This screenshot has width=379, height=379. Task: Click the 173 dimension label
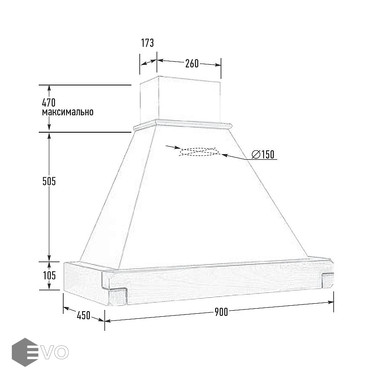coord(147,43)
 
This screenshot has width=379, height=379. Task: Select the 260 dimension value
coord(192,63)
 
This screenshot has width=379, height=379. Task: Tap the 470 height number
coord(48,102)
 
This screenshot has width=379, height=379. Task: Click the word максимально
coord(68,112)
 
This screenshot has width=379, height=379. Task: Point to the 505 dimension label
coord(49,181)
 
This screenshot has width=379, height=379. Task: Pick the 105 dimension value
coord(49,275)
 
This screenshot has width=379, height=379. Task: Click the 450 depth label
coord(83,315)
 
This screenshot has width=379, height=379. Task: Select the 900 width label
coord(221,312)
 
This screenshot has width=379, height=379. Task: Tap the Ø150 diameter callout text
coord(263,155)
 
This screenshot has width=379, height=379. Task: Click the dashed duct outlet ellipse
coord(199,152)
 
